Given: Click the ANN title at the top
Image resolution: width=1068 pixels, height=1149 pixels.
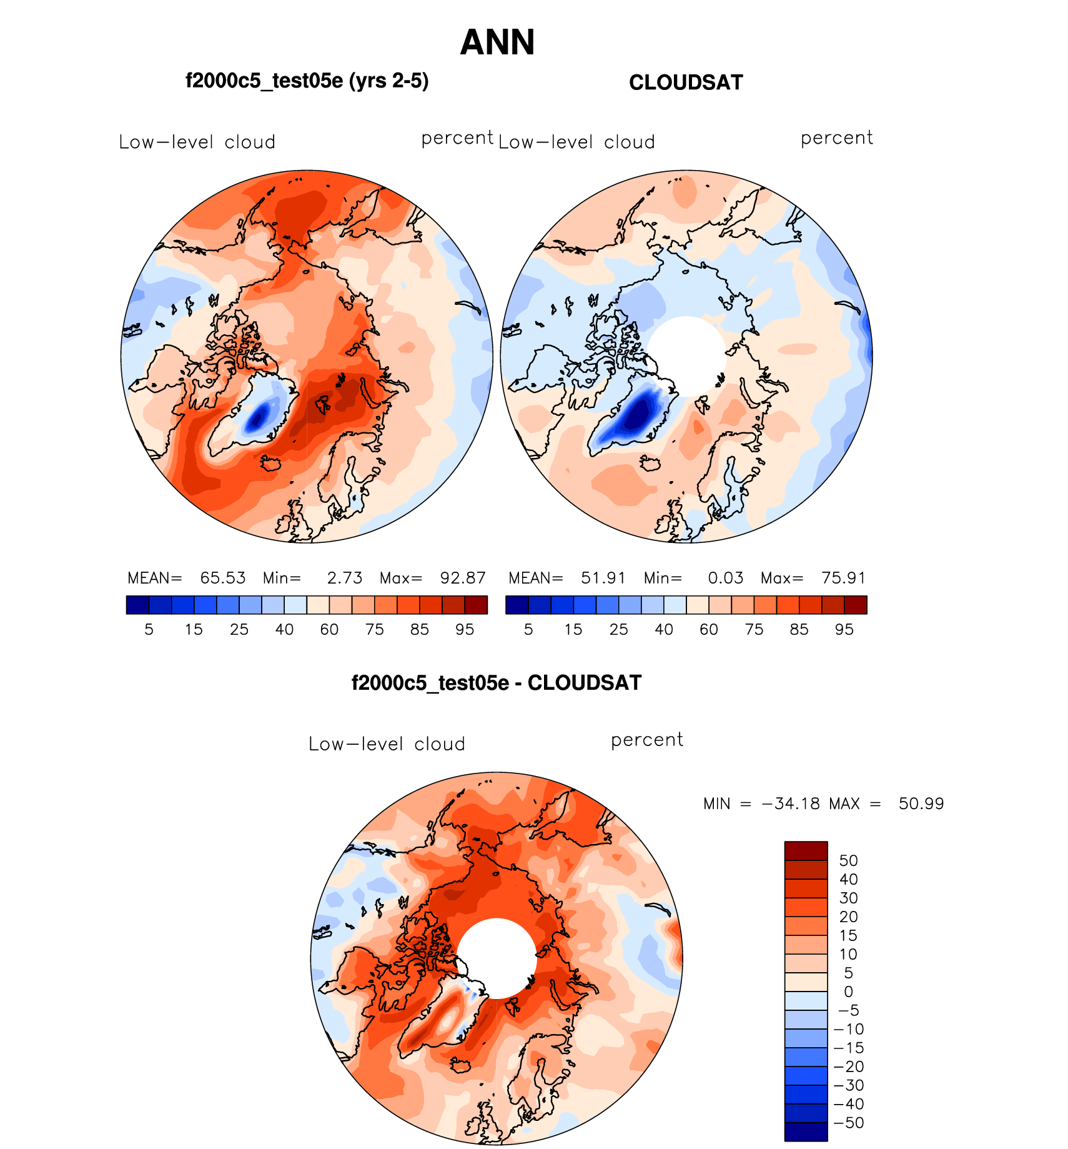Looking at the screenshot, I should [x=497, y=42].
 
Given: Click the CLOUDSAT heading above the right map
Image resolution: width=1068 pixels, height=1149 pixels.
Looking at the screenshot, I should [x=686, y=82].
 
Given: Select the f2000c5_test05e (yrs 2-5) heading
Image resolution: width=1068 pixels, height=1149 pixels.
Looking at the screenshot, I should [x=307, y=81].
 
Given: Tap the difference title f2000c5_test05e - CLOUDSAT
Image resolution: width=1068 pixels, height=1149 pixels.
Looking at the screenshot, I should [x=497, y=682].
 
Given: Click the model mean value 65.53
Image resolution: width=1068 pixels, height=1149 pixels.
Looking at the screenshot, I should [x=223, y=578].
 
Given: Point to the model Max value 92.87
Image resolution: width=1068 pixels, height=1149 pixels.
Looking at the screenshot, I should [x=463, y=578].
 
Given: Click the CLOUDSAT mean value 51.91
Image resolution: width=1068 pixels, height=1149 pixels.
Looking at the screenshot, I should [x=603, y=578].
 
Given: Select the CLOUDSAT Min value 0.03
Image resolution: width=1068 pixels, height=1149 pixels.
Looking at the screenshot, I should [x=726, y=578].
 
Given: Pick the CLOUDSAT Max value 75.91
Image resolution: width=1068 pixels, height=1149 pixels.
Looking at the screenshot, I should [x=844, y=578].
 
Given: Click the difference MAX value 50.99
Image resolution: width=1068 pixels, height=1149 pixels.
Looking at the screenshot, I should [x=921, y=803].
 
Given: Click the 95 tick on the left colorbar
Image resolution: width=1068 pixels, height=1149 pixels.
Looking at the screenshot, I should [x=465, y=629].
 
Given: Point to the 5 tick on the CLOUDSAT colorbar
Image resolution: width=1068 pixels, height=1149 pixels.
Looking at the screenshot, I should [x=528, y=629].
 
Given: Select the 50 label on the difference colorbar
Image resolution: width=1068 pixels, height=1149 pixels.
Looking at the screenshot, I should [x=848, y=860].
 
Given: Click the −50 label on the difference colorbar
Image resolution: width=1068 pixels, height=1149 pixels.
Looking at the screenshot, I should [x=848, y=1123].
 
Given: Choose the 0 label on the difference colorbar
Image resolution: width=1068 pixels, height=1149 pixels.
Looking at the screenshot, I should [x=848, y=992].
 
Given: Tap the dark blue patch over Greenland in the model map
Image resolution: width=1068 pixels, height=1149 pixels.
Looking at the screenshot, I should [x=257, y=417].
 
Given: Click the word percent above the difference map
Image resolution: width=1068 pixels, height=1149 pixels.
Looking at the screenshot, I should [x=647, y=740].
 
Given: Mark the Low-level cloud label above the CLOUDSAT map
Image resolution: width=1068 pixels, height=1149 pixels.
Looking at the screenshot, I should [x=576, y=142].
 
